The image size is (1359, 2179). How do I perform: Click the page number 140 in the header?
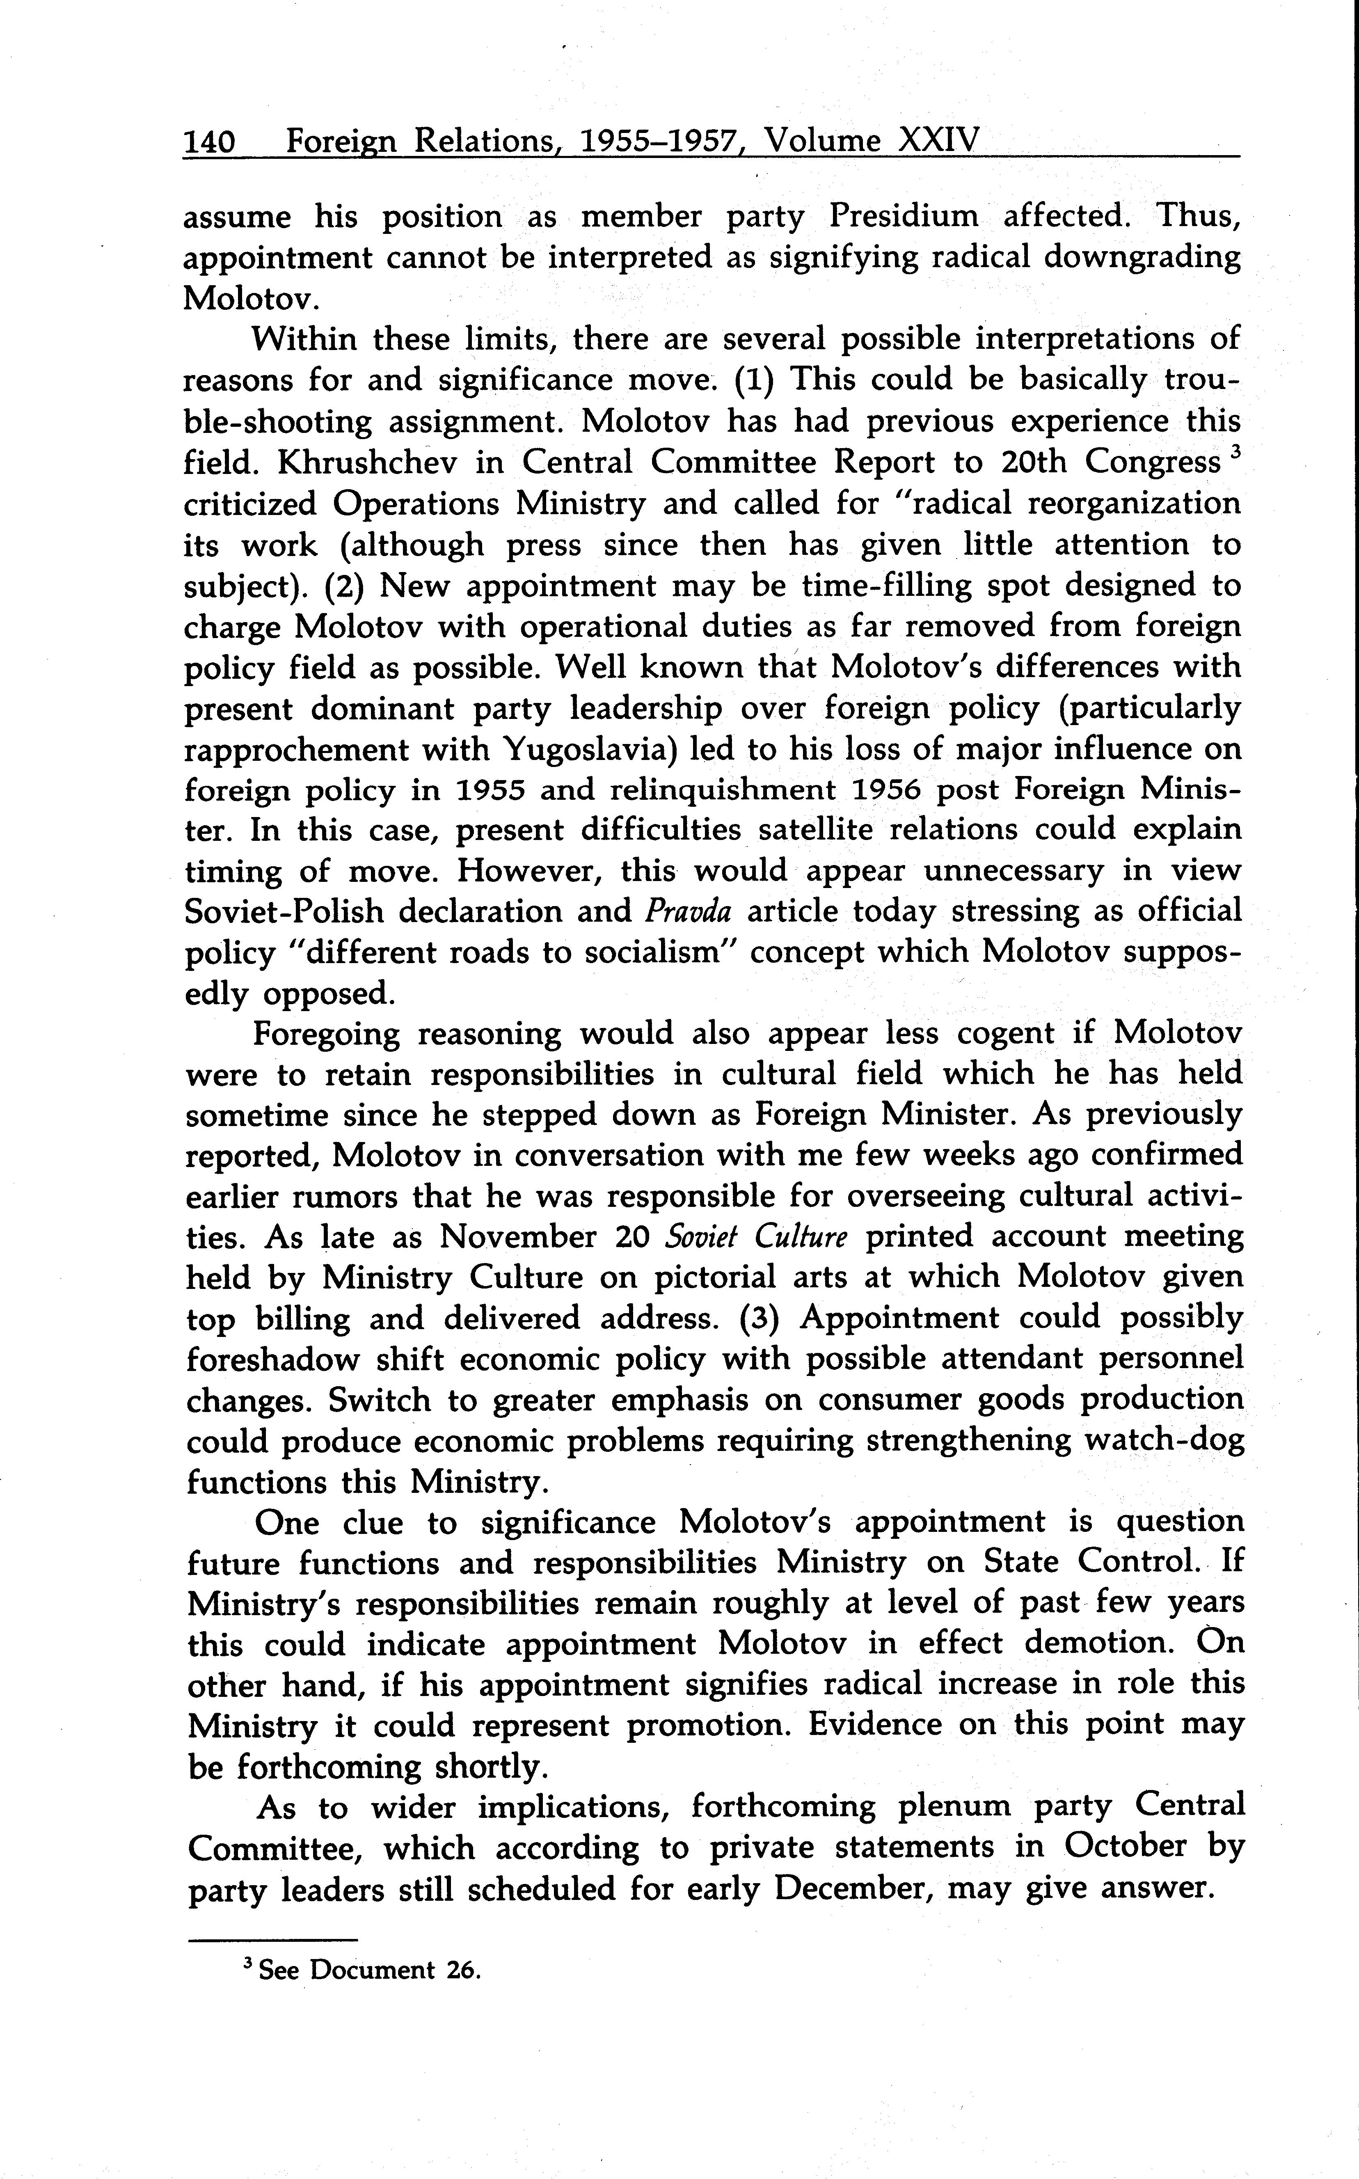point(209,142)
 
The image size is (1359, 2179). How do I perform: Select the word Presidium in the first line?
point(903,217)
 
